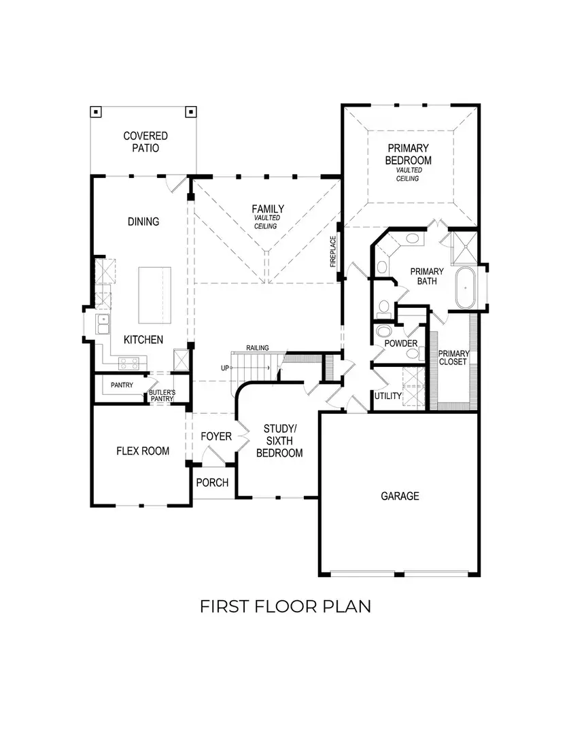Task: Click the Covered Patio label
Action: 145,141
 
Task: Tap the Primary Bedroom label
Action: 408,154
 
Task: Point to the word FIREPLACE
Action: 333,251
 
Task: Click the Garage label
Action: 400,496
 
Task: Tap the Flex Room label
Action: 143,451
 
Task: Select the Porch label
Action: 212,483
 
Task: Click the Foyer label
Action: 216,436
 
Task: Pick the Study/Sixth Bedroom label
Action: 280,440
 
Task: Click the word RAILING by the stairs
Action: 258,348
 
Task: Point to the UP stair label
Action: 225,368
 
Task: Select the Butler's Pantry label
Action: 162,396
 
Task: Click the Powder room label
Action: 401,344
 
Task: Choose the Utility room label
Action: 388,396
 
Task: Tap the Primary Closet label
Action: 452,357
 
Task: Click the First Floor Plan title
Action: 285,606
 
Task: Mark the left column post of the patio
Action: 97,111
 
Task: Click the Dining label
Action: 143,222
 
